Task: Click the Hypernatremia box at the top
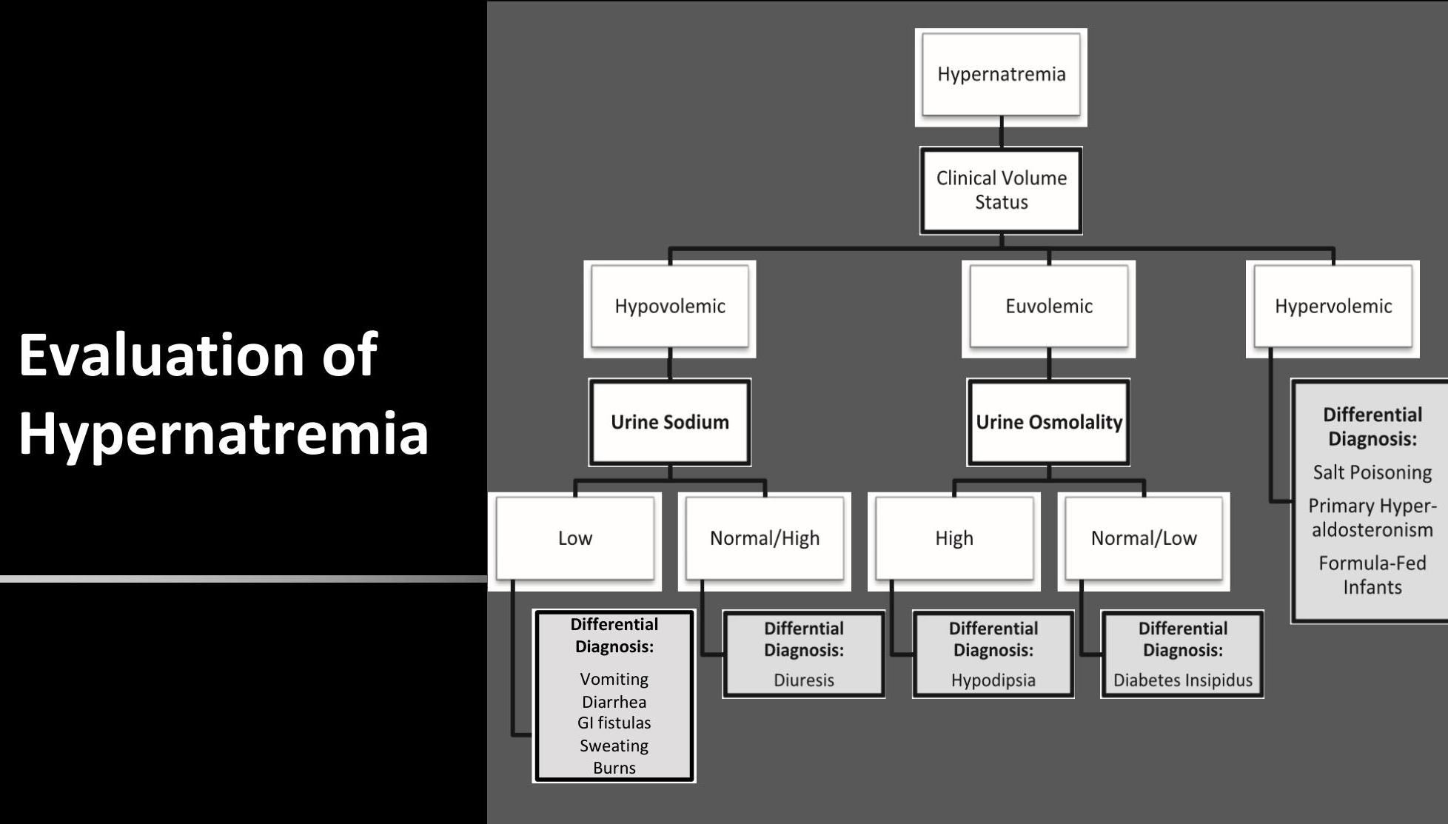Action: click(x=1001, y=75)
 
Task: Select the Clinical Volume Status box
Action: click(x=1001, y=190)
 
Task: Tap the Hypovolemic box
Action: click(x=669, y=307)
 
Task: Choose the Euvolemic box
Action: click(x=1048, y=307)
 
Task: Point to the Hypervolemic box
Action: click(x=1333, y=307)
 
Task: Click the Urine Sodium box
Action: click(x=669, y=422)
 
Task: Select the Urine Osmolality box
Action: click(x=1048, y=422)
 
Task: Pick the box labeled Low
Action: click(x=574, y=538)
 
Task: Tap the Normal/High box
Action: click(x=764, y=538)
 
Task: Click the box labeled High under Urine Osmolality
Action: click(x=953, y=538)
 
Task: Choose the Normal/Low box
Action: click(x=1143, y=538)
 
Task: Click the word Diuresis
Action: click(x=803, y=680)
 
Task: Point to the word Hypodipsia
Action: click(x=993, y=680)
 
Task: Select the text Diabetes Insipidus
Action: click(x=1182, y=680)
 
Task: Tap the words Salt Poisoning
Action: click(x=1372, y=472)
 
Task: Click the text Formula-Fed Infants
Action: click(x=1372, y=575)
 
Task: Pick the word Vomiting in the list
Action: click(x=614, y=679)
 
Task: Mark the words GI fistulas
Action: click(x=614, y=723)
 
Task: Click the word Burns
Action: click(x=614, y=768)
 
